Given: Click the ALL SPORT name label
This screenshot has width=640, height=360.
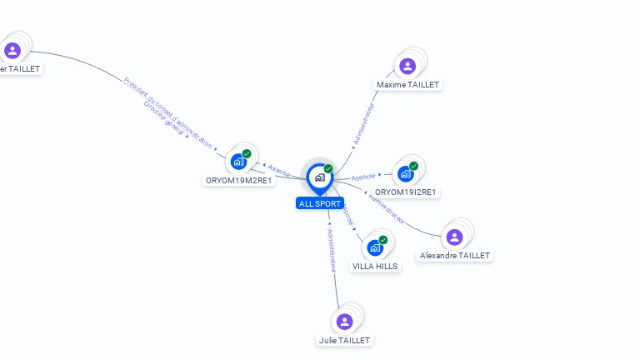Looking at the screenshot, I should coord(319,203).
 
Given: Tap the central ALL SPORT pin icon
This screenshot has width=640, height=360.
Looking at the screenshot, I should coord(319,177).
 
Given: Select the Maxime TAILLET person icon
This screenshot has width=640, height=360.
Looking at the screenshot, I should coord(407,66).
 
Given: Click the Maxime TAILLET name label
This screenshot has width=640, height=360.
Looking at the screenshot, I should coord(407,85).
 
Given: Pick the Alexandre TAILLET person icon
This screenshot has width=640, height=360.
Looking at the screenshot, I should coord(454,237).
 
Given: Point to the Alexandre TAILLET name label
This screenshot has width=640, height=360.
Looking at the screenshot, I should coord(455,256).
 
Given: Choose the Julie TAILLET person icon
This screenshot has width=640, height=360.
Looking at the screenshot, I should coord(344,322).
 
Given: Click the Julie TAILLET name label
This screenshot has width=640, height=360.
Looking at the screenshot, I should coord(344,340).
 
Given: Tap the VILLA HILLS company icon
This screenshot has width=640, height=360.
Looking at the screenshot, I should coord(375,247).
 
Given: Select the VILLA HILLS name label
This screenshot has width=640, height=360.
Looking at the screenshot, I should coord(375,267).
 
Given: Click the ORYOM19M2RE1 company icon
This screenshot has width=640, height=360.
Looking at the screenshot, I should coord(239,161).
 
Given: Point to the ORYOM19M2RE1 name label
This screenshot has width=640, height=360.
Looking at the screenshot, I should coord(239,180).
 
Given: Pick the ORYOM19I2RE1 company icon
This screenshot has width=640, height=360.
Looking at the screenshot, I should coord(406,173).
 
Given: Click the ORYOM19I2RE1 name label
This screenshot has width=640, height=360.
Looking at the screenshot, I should coord(407,192).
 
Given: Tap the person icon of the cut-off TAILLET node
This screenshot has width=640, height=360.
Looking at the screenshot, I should coord(12,50).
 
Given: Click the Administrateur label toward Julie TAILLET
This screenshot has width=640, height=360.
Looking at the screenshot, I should coord(331,250).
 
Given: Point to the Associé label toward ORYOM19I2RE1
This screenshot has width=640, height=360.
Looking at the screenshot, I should coord(363,177).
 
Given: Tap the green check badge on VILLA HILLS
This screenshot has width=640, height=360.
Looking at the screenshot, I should coord(383,240).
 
